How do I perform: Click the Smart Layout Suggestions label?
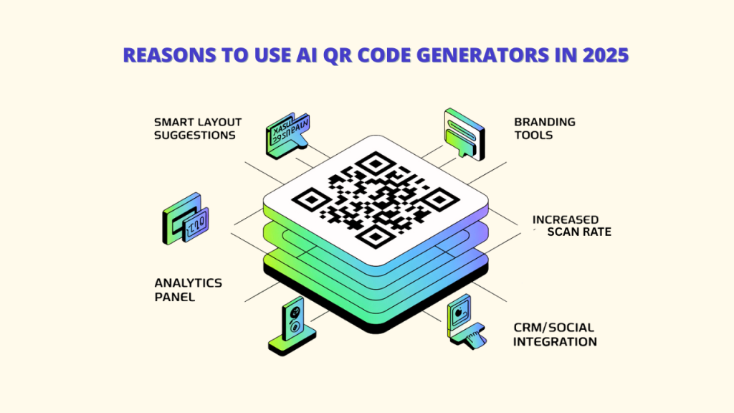pyautogui.click(x=197, y=128)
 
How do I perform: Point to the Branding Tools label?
pyautogui.click(x=545, y=128)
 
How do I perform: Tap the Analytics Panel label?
pyautogui.click(x=189, y=289)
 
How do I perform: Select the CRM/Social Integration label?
pyautogui.click(x=556, y=334)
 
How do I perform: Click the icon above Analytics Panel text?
pyautogui.click(x=186, y=218)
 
